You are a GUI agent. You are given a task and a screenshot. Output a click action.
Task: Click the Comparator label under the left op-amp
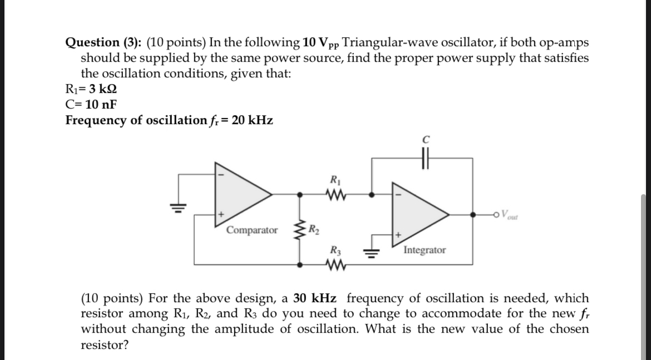pyautogui.click(x=252, y=230)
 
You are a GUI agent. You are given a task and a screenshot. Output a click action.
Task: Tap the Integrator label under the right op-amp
pyautogui.click(x=425, y=250)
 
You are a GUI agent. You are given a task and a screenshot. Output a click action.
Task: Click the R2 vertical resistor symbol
pyautogui.click(x=301, y=230)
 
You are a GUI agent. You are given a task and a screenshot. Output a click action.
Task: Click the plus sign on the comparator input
pyautogui.click(x=221, y=214)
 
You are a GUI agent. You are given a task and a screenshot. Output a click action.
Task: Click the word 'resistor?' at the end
pyautogui.click(x=105, y=345)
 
